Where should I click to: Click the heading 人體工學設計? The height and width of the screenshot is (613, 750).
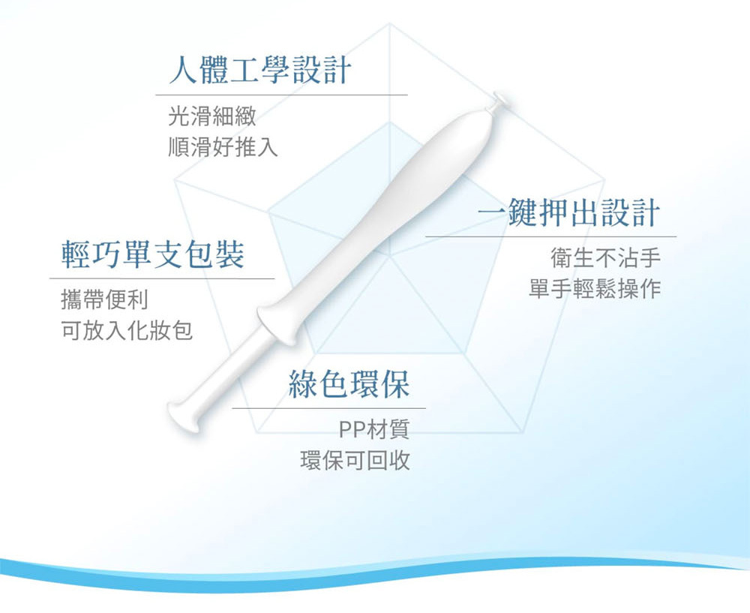(260, 70)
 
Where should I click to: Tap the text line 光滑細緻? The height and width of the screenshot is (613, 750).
(212, 116)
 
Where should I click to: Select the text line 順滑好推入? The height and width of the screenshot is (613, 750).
(223, 146)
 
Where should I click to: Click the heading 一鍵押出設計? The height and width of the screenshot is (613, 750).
(568, 212)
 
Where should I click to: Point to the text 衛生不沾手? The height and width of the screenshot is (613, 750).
(605, 258)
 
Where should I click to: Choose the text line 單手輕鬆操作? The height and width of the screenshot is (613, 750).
(595, 289)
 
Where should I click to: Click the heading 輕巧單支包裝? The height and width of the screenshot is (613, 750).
(152, 254)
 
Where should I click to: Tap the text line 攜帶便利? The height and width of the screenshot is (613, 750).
(105, 300)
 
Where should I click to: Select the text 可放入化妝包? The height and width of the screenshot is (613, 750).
(127, 331)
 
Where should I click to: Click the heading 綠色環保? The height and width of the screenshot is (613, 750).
(349, 384)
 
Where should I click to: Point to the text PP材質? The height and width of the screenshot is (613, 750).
(374, 429)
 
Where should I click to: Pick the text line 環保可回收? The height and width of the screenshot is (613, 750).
(355, 461)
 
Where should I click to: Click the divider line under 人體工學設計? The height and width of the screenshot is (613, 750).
(282, 95)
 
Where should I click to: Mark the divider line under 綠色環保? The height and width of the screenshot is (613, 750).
(329, 409)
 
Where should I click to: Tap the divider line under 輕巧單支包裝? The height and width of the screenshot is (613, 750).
(162, 278)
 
